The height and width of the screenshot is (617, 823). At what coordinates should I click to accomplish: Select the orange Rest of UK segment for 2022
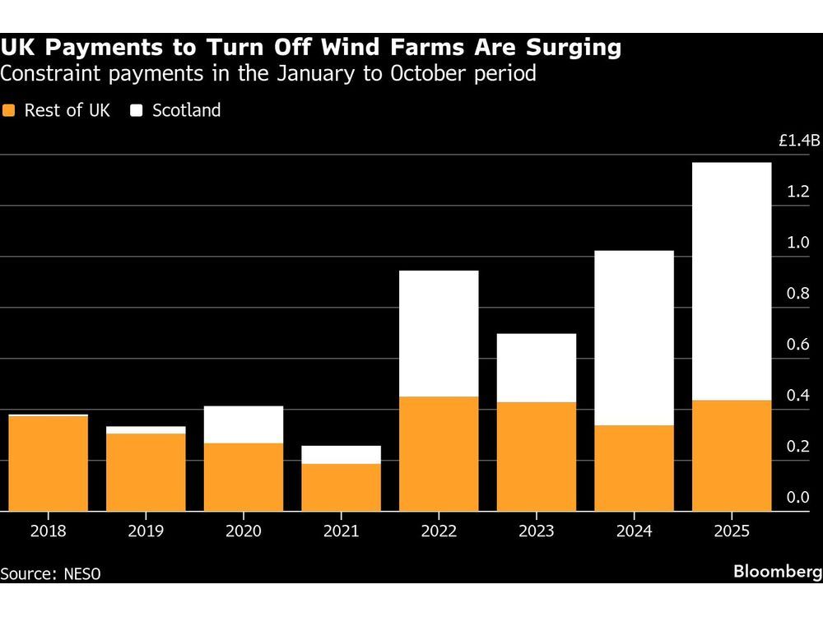tap(439, 453)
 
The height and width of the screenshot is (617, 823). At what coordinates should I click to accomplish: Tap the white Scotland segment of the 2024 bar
tap(634, 337)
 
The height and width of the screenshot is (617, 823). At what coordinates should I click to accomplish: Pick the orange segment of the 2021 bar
tap(341, 487)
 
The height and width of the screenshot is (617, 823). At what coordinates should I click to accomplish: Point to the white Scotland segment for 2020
tap(244, 424)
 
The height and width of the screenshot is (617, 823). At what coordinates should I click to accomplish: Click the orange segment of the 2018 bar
tap(49, 463)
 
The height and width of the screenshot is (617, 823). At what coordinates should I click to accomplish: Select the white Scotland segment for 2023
tap(537, 368)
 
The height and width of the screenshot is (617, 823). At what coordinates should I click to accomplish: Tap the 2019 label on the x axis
tap(146, 531)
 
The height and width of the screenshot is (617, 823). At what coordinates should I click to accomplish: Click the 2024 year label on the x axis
tap(634, 531)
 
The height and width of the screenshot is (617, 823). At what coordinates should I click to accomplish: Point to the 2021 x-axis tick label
tap(341, 531)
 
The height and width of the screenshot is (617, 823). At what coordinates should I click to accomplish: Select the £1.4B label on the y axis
tap(799, 141)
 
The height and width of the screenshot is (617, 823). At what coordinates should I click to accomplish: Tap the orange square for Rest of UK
tap(9, 110)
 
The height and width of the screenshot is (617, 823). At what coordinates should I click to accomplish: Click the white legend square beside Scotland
tap(137, 110)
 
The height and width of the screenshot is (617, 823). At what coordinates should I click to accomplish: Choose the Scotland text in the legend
tap(187, 110)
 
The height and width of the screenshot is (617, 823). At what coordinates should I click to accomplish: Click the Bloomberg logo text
tap(775, 573)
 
